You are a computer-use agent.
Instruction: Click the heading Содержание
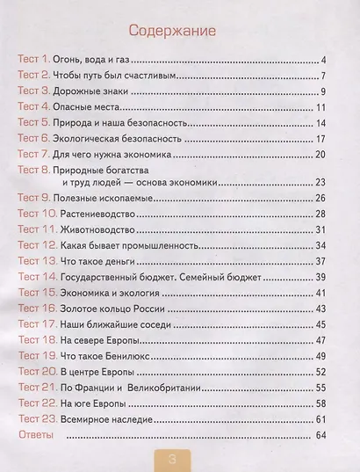[x=178, y=32]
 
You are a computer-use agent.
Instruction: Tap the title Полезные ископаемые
[x=109, y=199]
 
